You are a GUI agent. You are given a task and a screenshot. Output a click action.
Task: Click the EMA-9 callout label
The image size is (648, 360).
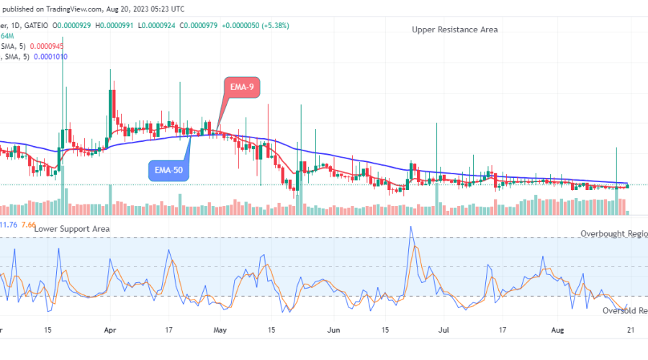pos(241,87)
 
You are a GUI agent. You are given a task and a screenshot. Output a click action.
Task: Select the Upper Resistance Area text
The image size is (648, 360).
pos(454,30)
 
